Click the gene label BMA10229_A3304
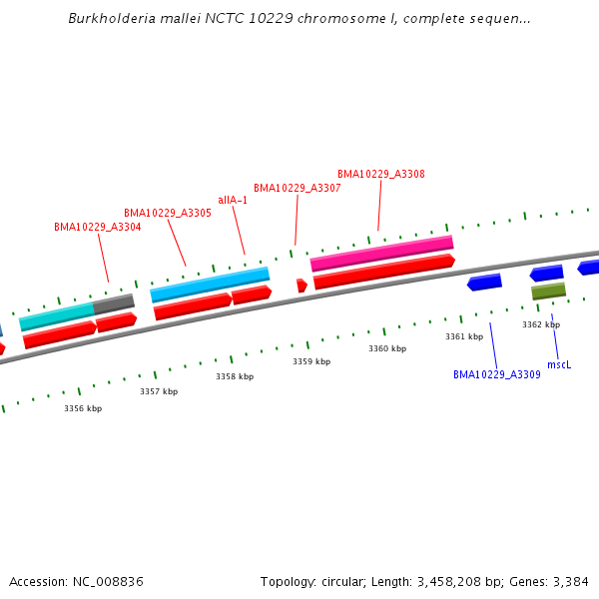coord(98,228)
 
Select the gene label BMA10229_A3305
coord(168,214)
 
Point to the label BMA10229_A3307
coord(298,188)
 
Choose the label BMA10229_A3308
coord(381,174)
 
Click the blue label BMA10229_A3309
coord(497,375)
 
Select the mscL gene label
coord(559,365)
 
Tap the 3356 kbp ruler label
coord(83,408)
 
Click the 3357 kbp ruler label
coord(159,392)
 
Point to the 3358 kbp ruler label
coord(235,377)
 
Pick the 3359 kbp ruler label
coord(311,362)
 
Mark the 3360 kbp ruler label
coord(387,349)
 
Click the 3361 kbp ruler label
coord(464,337)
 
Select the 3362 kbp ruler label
coord(541,325)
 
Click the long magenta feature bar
coord(382,254)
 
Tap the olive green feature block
coord(549,291)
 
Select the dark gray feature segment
coord(114,303)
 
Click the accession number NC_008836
coord(111,582)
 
